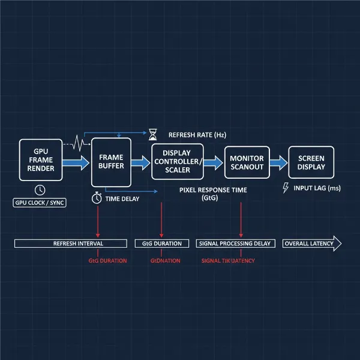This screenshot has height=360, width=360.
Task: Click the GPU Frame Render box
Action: pyautogui.click(x=40, y=161)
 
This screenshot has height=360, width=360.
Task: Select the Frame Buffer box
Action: pyautogui.click(x=110, y=161)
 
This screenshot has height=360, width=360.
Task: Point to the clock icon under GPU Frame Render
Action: pyautogui.click(x=40, y=190)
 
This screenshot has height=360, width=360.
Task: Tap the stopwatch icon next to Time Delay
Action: pyautogui.click(x=97, y=198)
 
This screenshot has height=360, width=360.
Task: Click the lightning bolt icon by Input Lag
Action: pyautogui.click(x=285, y=188)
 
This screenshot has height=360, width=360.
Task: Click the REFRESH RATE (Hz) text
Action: pyautogui.click(x=197, y=135)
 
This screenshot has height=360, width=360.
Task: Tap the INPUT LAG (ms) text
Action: pyautogui.click(x=317, y=188)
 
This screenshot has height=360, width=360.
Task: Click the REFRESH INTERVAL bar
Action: pyautogui.click(x=70, y=244)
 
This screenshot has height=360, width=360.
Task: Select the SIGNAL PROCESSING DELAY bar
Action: pyautogui.click(x=235, y=244)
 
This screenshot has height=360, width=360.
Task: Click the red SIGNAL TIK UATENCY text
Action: pyautogui.click(x=228, y=260)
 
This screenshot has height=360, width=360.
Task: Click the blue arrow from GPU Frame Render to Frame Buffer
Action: pyautogui.click(x=75, y=162)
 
